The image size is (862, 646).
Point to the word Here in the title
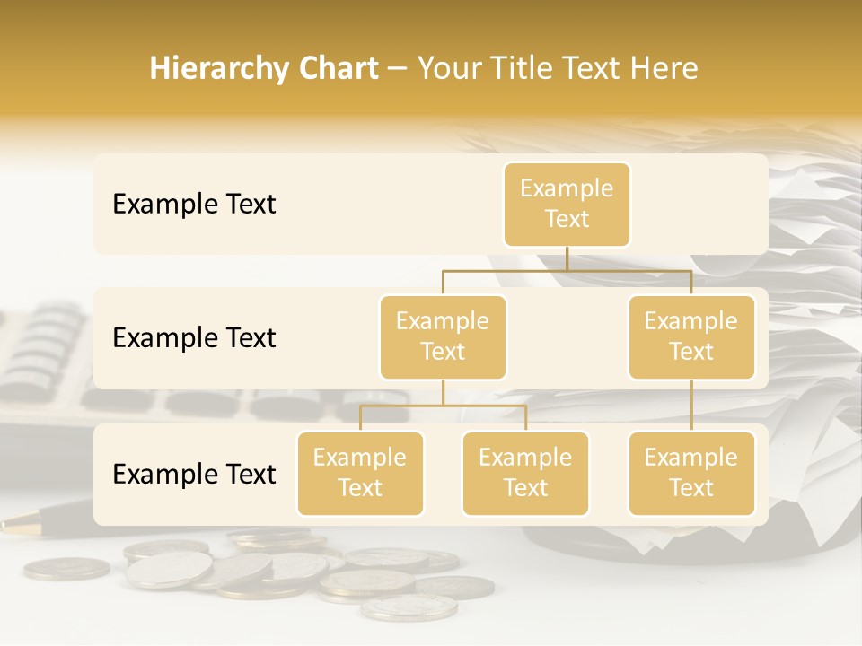pyautogui.click(x=664, y=69)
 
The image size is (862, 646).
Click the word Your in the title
pyautogui.click(x=449, y=69)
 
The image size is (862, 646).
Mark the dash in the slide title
pyautogui.click(x=398, y=70)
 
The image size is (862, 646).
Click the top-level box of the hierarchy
pyautogui.click(x=567, y=204)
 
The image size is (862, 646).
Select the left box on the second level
pyautogui.click(x=443, y=336)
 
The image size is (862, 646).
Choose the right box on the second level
pyautogui.click(x=691, y=336)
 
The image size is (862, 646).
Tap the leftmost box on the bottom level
pyautogui.click(x=360, y=473)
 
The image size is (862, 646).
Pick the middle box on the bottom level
pyautogui.click(x=525, y=473)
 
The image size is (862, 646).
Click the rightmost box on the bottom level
pyautogui.click(x=691, y=473)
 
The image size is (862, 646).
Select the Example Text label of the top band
pyautogui.click(x=194, y=205)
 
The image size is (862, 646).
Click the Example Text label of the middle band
pyautogui.click(x=194, y=338)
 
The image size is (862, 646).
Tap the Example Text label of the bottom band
pyautogui.click(x=194, y=475)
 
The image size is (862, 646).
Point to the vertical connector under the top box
pyautogui.click(x=567, y=258)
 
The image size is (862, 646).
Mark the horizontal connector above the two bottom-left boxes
pyautogui.click(x=443, y=406)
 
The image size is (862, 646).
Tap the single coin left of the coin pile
pyautogui.click(x=66, y=568)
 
